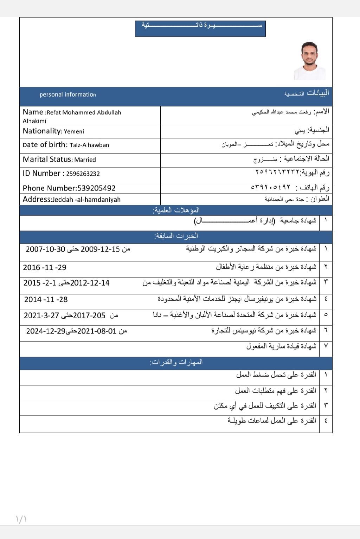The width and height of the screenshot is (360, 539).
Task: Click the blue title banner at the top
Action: (x=200, y=28)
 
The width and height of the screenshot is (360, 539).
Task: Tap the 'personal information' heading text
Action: (x=67, y=95)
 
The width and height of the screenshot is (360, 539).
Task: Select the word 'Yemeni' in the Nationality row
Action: (x=74, y=131)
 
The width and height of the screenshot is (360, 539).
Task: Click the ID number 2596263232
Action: (x=83, y=174)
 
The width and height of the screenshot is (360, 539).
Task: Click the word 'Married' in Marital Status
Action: (x=85, y=160)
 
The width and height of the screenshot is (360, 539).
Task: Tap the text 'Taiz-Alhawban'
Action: (x=89, y=145)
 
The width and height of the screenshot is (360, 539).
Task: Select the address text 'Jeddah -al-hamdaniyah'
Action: (x=86, y=200)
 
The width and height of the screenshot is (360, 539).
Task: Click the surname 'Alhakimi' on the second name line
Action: (x=34, y=121)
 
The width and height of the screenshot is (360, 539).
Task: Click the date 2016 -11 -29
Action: (x=45, y=267)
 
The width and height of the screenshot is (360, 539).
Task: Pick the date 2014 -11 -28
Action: (x=46, y=299)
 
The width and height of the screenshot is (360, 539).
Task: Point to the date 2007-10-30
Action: (x=45, y=249)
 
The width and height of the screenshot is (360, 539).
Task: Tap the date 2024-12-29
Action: (x=46, y=331)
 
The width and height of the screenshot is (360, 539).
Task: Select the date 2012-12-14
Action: (x=90, y=283)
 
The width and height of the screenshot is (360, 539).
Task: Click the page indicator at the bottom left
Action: (x=21, y=519)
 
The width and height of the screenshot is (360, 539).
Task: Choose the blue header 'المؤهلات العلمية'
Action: (x=176, y=210)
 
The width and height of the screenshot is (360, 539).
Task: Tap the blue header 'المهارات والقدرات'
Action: (x=176, y=362)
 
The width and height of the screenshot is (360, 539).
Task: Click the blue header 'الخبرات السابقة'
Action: (x=176, y=236)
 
